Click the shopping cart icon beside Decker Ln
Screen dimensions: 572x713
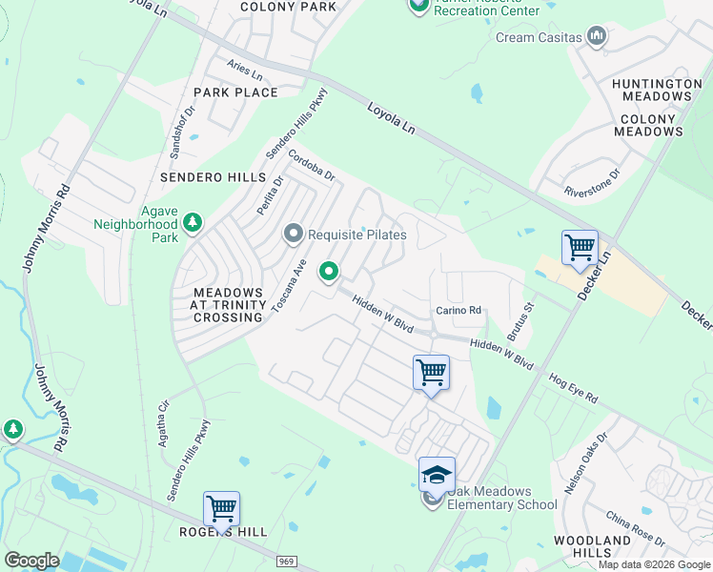tap(580, 248)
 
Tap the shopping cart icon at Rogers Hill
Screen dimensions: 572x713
tap(221, 508)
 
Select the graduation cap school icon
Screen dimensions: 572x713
tap(436, 474)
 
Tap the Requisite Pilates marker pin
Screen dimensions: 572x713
tap(294, 234)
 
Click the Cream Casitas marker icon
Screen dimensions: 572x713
tap(598, 37)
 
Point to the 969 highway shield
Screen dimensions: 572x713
tap(287, 562)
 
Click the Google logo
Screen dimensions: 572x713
tap(31, 561)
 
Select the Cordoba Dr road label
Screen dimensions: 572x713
tap(312, 168)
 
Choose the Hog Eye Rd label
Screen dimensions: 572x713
tap(572, 386)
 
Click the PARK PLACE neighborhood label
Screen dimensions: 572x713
tap(235, 92)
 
